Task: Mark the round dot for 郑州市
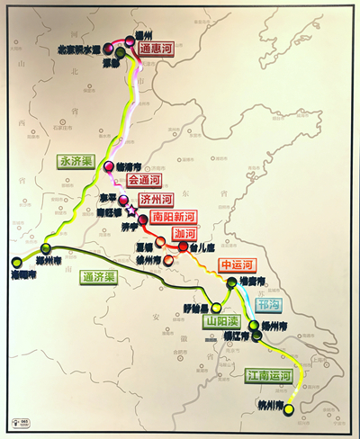tap(46, 249)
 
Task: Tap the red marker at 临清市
tap(110, 166)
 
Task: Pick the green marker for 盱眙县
tap(215, 308)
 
